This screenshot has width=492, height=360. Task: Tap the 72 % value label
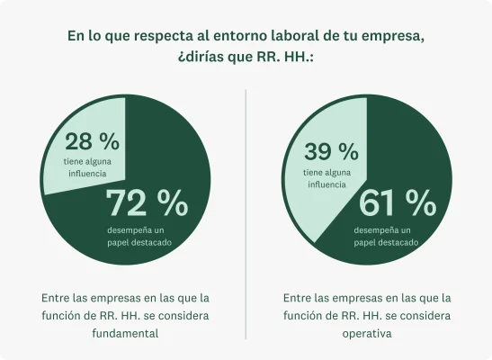tap(148, 204)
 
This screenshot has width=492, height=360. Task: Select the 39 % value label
tap(332, 151)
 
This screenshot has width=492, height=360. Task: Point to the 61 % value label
tap(397, 204)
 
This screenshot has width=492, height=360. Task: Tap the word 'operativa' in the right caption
tap(368, 332)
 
